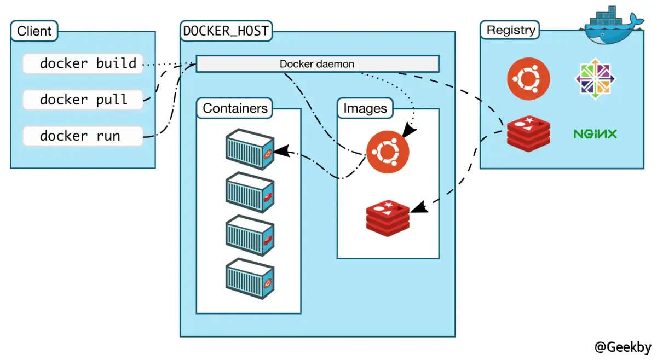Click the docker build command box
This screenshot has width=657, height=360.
point(83,63)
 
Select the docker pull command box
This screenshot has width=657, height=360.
point(83,100)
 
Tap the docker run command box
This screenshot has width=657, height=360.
point(83,136)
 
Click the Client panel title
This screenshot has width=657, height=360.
point(34,31)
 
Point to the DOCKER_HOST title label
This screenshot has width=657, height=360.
point(226,31)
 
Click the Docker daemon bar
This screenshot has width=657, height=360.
point(317,64)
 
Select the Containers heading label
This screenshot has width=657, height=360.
point(235,108)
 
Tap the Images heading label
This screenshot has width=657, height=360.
point(365,108)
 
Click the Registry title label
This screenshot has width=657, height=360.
point(510,30)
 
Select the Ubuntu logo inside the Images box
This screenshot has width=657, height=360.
point(388,152)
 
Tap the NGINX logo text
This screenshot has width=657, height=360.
point(595,133)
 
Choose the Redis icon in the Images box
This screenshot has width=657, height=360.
point(388,217)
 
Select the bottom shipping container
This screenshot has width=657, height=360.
point(250,278)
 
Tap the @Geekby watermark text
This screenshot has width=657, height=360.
point(623,347)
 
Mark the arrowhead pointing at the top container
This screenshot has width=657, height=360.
point(279,150)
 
